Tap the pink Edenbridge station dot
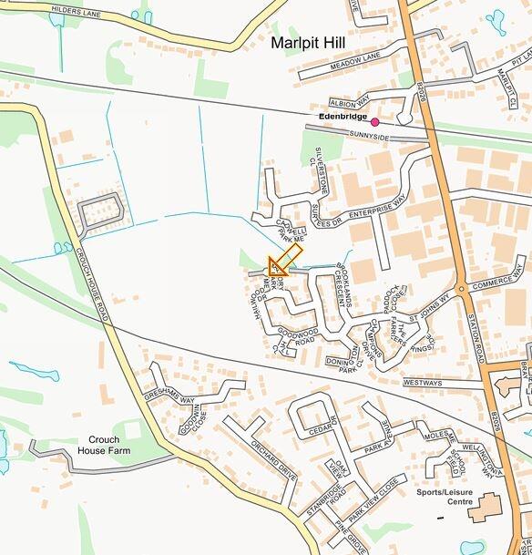[x=374, y=121]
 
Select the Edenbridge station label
[x=343, y=118]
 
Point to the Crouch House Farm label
[x=104, y=445]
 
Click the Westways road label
[x=422, y=383]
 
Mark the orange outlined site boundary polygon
[x=285, y=262]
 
